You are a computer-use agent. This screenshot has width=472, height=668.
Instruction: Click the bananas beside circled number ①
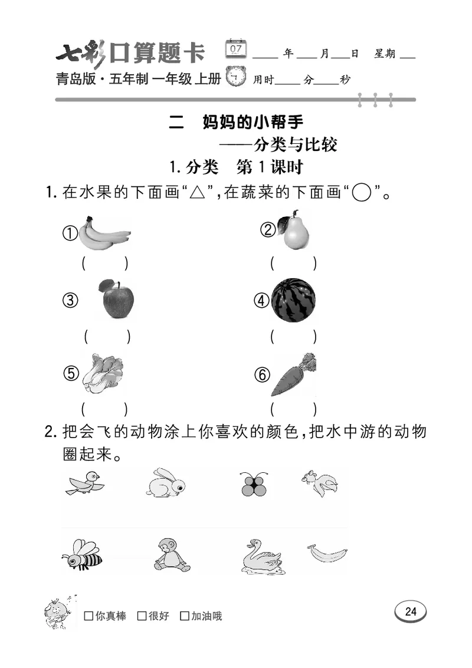pos(104,233)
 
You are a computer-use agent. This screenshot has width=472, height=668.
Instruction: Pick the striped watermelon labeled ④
pos(293,300)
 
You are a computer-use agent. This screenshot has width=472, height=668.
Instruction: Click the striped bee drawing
pos(81,554)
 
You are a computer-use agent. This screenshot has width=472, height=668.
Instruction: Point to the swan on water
pos(260,556)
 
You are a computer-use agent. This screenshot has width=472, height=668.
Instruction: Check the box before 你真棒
pos(88,616)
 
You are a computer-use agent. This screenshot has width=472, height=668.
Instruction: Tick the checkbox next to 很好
pos(142,616)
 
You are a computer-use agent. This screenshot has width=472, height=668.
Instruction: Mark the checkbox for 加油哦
pos(184,616)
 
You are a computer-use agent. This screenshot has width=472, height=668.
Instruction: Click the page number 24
pos(411,612)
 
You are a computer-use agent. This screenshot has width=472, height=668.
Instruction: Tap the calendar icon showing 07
pos(237,48)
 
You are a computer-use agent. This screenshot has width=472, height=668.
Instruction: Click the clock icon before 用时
pos(237,77)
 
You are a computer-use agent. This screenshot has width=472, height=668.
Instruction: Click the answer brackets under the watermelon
pos(293,337)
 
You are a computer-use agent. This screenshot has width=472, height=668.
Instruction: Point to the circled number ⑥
pos(262,374)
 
